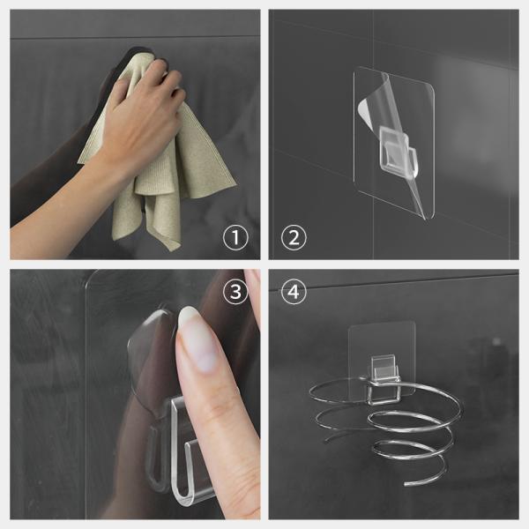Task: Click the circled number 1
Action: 236,236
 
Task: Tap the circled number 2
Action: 293,236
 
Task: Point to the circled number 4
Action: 293,293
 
